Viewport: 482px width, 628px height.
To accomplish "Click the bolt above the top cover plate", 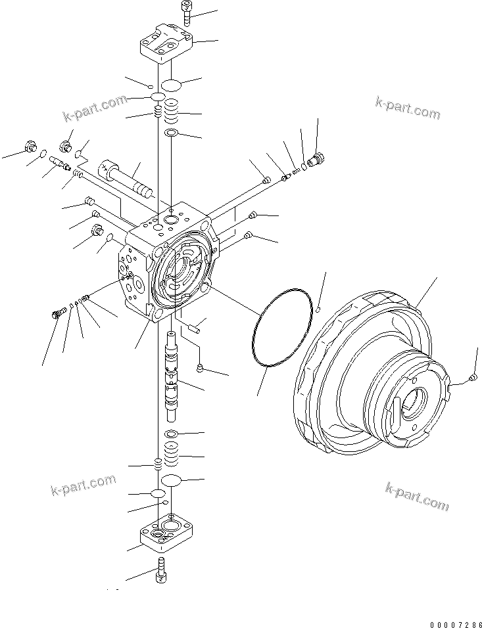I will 183,14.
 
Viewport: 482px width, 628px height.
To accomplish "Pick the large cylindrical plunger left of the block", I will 129,178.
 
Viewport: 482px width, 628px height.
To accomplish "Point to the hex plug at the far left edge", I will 30,148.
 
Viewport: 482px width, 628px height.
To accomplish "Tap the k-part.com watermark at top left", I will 95,108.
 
